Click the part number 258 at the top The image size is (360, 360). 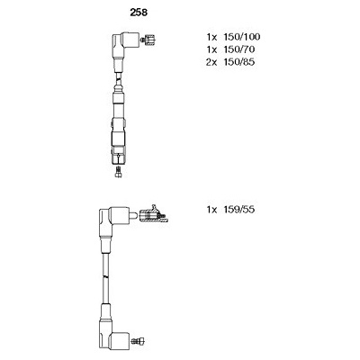pos(139,13)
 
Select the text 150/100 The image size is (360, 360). pos(241,37)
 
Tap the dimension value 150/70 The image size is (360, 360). pos(238,49)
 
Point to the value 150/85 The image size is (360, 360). pos(238,62)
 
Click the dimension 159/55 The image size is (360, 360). pos(238,209)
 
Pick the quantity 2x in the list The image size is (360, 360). pos(211,62)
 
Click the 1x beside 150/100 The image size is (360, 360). pos(211,37)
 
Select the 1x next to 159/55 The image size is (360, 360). pos(211,209)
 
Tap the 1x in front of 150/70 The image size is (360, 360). pos(211,49)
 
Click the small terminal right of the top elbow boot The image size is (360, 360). pos(148,40)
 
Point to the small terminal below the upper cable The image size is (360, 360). pos(119,172)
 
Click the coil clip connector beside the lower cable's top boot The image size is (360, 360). pos(154,215)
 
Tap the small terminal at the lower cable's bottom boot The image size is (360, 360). pos(138,340)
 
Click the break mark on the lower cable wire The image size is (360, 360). pos(105,276)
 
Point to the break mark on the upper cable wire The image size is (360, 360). pos(119,79)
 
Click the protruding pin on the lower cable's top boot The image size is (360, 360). pos(134,215)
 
